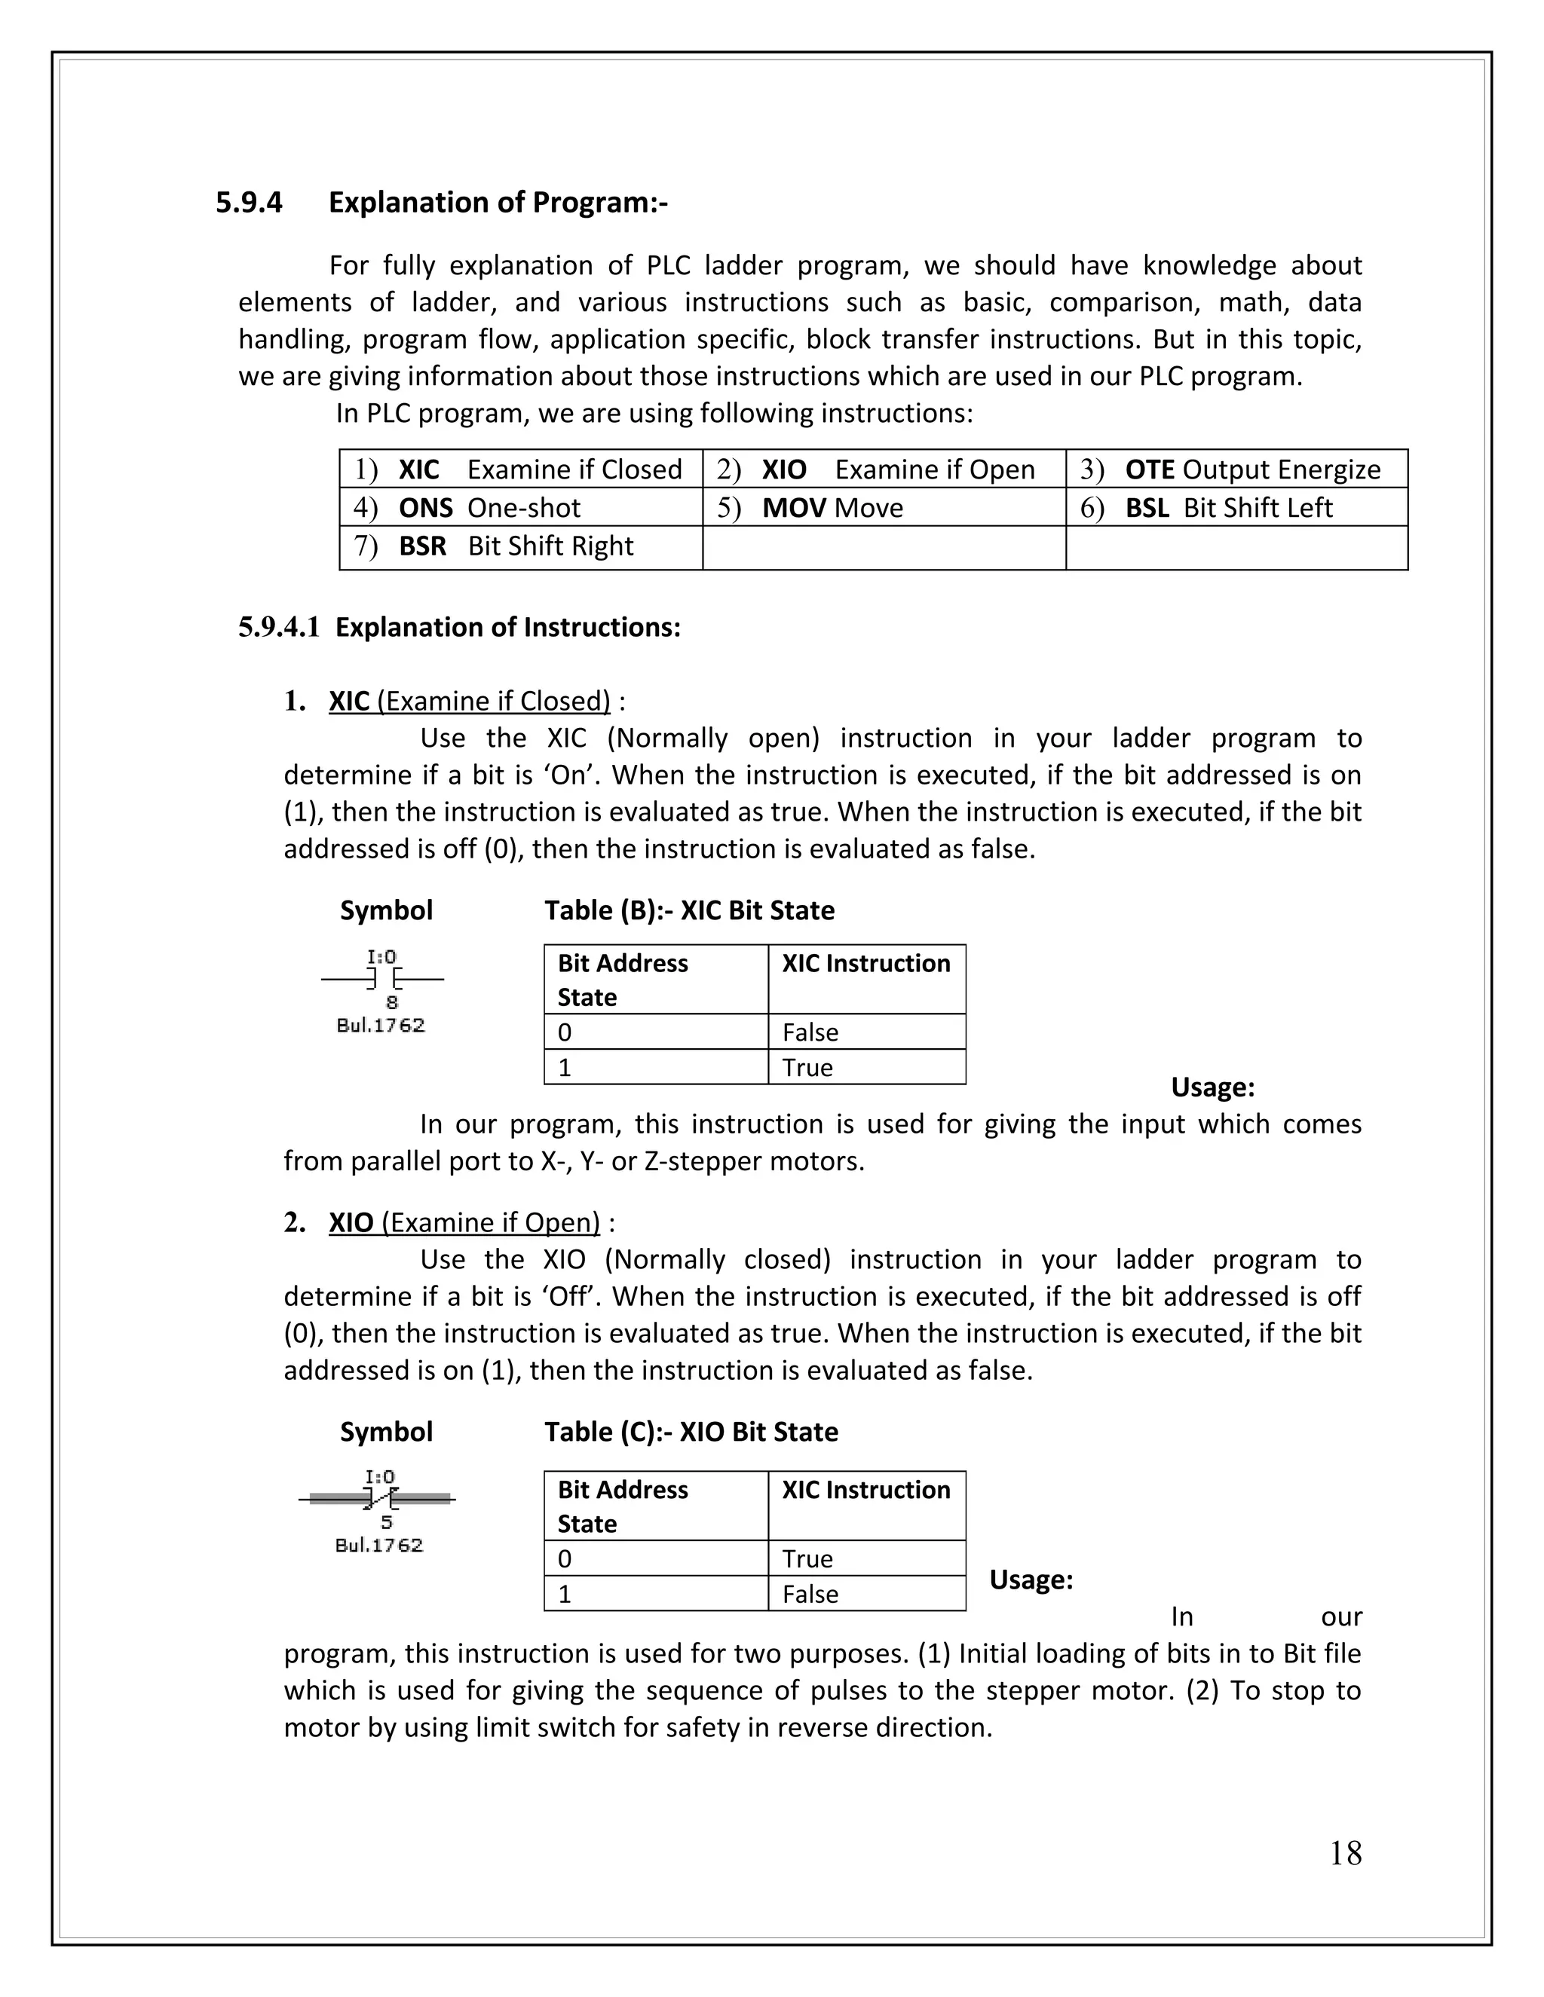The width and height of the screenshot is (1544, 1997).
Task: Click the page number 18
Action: pyautogui.click(x=1345, y=1854)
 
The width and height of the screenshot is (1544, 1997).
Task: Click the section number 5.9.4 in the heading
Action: pyautogui.click(x=249, y=202)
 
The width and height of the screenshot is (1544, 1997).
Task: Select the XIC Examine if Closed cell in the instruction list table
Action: pyautogui.click(x=519, y=469)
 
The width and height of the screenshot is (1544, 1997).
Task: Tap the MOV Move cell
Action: pyautogui.click(x=883, y=507)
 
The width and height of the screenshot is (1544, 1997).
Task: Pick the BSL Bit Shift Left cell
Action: pyautogui.click(x=1235, y=507)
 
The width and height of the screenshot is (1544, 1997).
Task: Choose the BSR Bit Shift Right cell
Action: pyautogui.click(x=519, y=546)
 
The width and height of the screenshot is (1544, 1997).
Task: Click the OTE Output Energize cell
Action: pyautogui.click(x=1235, y=469)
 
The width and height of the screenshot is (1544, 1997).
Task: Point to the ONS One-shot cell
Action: pyautogui.click(x=519, y=507)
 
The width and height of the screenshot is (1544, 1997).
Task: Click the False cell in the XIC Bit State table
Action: pyautogui.click(x=865, y=1032)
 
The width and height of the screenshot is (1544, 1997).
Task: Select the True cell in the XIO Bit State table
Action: pyautogui.click(x=865, y=1559)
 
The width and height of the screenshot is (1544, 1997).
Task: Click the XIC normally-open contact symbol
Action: pyautogui.click(x=382, y=980)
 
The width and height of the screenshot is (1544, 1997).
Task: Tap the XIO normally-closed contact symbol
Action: pyautogui.click(x=378, y=1499)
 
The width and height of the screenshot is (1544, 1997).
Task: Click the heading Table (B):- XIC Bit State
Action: pyautogui.click(x=689, y=911)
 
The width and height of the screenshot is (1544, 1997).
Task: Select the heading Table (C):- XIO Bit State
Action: pyautogui.click(x=691, y=1432)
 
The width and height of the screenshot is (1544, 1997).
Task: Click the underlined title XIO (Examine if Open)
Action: pyautogui.click(x=464, y=1222)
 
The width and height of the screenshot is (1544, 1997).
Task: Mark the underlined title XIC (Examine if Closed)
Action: pyautogui.click(x=469, y=702)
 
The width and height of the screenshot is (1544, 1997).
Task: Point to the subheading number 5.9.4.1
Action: pyautogui.click(x=279, y=627)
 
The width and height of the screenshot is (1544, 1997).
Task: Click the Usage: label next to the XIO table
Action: pyautogui.click(x=1031, y=1580)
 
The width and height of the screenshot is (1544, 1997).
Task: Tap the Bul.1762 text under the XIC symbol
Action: pyautogui.click(x=381, y=1025)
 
